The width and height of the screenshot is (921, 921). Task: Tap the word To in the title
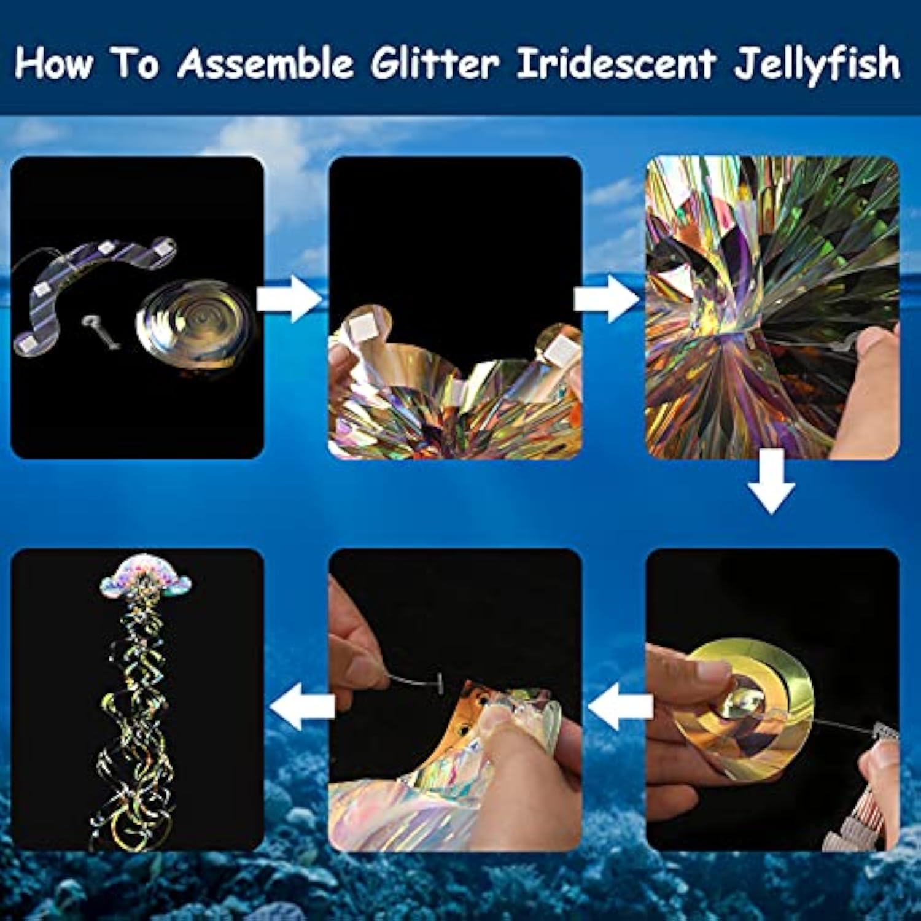click(x=136, y=63)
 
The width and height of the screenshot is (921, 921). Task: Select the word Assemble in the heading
click(x=265, y=63)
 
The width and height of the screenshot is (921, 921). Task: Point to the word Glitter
click(x=434, y=63)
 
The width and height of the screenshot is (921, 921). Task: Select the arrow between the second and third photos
click(x=605, y=299)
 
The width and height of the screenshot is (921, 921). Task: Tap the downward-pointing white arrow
click(x=771, y=481)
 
